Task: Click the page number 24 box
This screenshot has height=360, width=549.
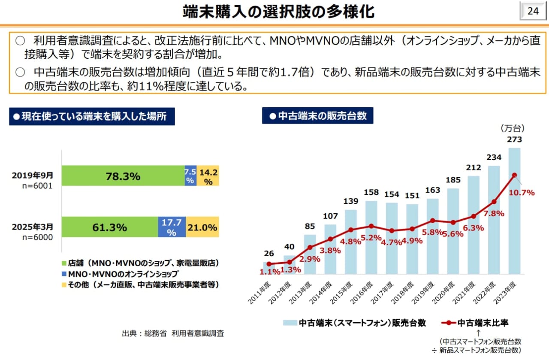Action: [x=533, y=11]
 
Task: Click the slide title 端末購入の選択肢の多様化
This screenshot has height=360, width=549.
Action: [x=278, y=12]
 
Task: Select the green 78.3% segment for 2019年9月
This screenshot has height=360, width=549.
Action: [x=123, y=176]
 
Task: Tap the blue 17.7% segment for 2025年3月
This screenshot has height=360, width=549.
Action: [x=172, y=227]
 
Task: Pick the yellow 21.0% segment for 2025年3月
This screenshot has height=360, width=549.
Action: [x=202, y=227]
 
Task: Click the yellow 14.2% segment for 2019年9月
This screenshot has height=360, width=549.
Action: [x=208, y=176]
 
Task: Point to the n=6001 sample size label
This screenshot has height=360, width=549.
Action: [x=39, y=186]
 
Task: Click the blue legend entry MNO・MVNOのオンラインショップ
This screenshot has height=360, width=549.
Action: [x=120, y=273]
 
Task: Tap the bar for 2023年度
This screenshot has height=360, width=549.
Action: [x=514, y=215]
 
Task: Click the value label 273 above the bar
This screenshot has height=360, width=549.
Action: [x=514, y=139]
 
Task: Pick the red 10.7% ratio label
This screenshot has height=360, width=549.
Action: [x=522, y=193]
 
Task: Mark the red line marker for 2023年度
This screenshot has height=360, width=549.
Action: [x=514, y=175]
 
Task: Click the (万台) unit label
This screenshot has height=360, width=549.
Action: [x=512, y=128]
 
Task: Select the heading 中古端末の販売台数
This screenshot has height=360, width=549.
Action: [x=317, y=116]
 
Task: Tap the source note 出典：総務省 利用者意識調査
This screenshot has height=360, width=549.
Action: [x=173, y=333]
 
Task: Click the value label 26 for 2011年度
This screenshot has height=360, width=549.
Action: [x=269, y=253]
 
